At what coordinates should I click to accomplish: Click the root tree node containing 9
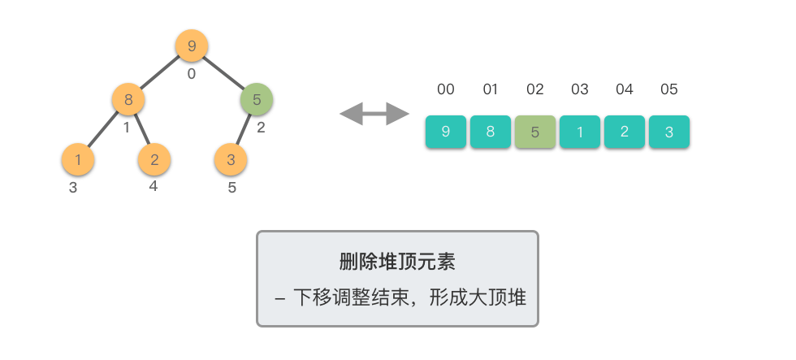[x=192, y=46]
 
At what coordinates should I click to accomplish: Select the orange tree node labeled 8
[x=128, y=99]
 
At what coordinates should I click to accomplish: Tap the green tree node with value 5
[x=257, y=99]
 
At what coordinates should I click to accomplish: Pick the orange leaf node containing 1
[x=78, y=159]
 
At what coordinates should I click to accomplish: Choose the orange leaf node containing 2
[x=154, y=159]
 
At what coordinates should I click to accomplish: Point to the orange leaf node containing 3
[x=231, y=159]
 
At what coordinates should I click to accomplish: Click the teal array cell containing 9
[x=446, y=132]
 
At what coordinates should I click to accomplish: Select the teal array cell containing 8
[x=491, y=132]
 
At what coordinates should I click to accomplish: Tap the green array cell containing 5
[x=535, y=132]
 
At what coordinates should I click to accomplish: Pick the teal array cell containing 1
[x=580, y=132]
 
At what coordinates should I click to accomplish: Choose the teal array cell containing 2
[x=625, y=132]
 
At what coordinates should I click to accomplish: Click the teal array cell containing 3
[x=669, y=132]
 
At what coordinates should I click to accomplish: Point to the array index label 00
[x=446, y=89]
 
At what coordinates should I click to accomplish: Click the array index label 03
[x=580, y=89]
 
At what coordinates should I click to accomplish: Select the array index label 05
[x=669, y=89]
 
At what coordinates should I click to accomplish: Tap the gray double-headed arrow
[x=374, y=114]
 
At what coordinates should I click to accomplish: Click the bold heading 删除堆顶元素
[x=397, y=262]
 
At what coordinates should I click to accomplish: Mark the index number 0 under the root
[x=192, y=74]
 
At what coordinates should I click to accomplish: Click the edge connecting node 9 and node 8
[x=159, y=72]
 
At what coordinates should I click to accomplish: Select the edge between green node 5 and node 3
[x=243, y=129]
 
